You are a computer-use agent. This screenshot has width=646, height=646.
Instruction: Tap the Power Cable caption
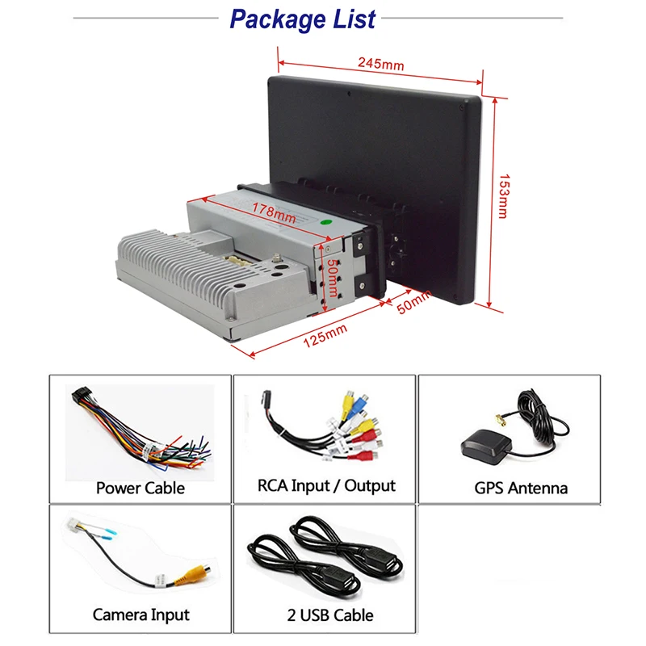140,488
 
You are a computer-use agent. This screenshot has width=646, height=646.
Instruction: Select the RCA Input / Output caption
325,485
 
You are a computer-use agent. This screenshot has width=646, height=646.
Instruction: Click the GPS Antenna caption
521,488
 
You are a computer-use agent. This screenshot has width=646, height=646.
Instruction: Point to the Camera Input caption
141,615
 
